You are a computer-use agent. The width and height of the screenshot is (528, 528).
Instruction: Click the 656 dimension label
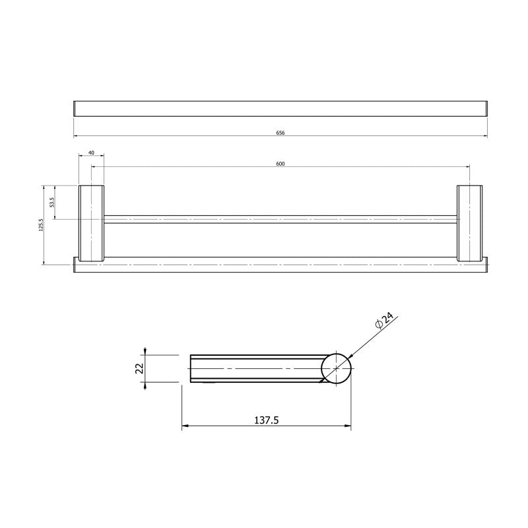click(280, 133)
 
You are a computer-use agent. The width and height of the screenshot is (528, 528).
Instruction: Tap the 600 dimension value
click(280, 164)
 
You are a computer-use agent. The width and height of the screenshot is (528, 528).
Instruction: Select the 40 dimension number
click(91, 152)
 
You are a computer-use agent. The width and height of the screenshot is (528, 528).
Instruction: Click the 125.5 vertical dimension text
click(40, 226)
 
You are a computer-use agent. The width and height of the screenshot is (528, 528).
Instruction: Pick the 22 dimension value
click(139, 368)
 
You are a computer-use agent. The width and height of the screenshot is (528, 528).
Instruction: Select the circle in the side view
click(337, 368)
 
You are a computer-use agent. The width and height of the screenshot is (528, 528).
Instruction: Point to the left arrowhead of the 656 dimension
click(75, 137)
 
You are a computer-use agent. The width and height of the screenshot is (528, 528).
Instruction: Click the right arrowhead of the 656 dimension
click(485, 137)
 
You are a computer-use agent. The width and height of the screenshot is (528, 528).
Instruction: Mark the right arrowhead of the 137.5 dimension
click(348, 426)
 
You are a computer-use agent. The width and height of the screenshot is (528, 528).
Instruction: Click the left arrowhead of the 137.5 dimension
click(184, 426)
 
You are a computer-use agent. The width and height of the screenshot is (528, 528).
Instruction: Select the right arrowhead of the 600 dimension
click(467, 167)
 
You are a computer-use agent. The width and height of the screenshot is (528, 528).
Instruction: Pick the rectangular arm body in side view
click(254, 368)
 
